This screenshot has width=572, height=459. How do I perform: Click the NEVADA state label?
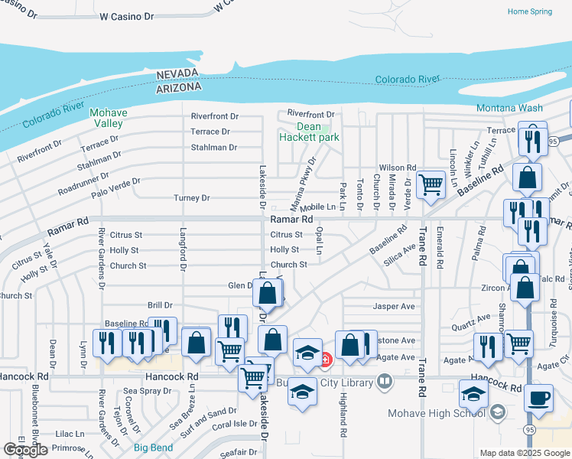coord(178,74)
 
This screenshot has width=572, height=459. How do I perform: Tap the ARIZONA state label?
coord(179,87)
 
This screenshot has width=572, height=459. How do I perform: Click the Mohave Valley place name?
coord(108,118)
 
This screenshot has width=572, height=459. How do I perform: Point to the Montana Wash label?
coord(509,109)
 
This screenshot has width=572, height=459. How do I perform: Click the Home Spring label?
coord(529,11)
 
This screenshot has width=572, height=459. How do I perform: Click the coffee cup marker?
coord(539,399)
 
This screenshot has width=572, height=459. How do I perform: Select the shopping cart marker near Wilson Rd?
coord(431,184)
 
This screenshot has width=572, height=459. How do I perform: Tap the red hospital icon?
coord(325,357)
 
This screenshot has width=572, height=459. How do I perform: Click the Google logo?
coord(25,449)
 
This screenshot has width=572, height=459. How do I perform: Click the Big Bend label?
coord(151,448)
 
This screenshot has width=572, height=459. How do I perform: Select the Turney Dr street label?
coord(192,197)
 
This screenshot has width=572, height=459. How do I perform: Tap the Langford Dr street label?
coord(184,249)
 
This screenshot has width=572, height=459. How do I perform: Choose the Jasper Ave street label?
coord(393,306)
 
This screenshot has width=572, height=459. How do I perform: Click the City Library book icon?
coord(386,381)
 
